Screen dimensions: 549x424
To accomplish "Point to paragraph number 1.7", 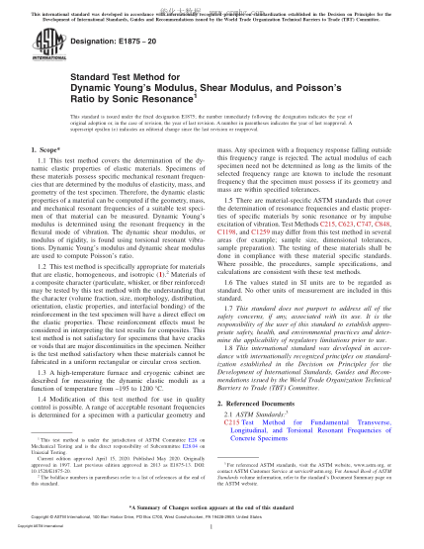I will [x=233, y=337].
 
